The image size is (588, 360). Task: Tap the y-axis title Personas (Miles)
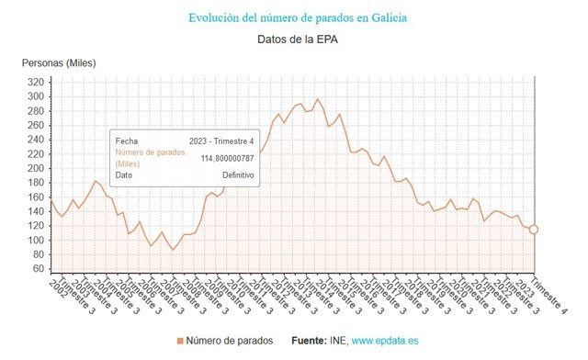pos(59,62)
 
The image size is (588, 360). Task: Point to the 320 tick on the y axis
pos(36,83)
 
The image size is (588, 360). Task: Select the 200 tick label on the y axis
pos(36,168)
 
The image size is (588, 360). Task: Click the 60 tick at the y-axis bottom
pos(39,268)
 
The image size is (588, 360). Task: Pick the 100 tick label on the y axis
pos(36,240)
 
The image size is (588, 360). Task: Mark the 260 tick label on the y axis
pos(36,126)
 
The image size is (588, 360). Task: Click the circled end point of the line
pos(534,229)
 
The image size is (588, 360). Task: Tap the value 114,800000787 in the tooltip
pos(227,158)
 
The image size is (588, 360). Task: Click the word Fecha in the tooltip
pos(127,141)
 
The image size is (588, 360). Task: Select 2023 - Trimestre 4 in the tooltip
pos(221,141)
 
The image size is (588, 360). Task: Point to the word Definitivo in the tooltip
pos(238,174)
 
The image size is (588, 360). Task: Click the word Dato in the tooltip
pos(124,174)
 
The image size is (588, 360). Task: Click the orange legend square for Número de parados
pos(180,341)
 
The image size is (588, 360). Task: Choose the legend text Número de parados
pos(229,341)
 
